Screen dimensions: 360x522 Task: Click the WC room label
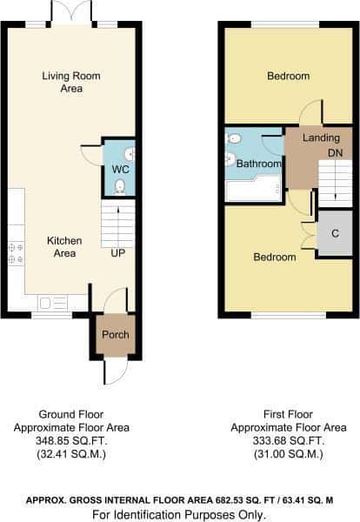click(121, 169)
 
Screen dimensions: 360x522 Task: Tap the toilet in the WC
click(119, 187)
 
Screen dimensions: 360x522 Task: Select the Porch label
click(116, 335)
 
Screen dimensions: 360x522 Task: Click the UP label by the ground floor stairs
click(118, 253)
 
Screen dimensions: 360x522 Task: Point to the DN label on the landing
click(336, 153)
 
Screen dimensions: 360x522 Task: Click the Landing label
click(321, 137)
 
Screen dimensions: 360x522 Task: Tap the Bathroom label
click(259, 164)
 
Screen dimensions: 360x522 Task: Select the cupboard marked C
click(335, 233)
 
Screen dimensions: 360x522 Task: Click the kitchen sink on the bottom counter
click(53, 304)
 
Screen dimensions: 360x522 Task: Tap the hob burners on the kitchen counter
click(16, 253)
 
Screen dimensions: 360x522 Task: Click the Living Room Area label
click(71, 82)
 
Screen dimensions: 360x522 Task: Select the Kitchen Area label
click(64, 247)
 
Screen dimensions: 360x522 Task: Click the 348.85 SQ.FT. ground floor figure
click(71, 441)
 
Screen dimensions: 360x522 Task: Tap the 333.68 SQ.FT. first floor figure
click(288, 441)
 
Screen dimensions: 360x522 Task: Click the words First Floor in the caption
click(288, 414)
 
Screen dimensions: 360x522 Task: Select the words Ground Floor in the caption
click(71, 414)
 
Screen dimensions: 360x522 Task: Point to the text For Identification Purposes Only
click(179, 515)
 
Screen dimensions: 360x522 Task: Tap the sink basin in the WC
click(130, 154)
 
